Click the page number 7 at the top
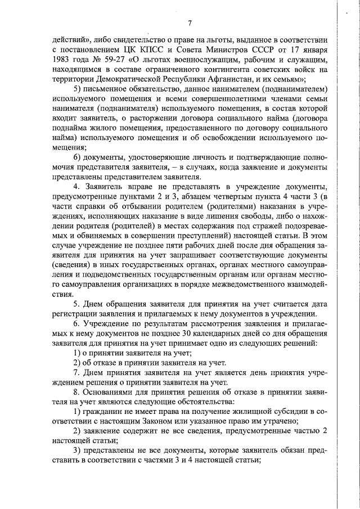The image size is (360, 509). [x=190, y=23]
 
